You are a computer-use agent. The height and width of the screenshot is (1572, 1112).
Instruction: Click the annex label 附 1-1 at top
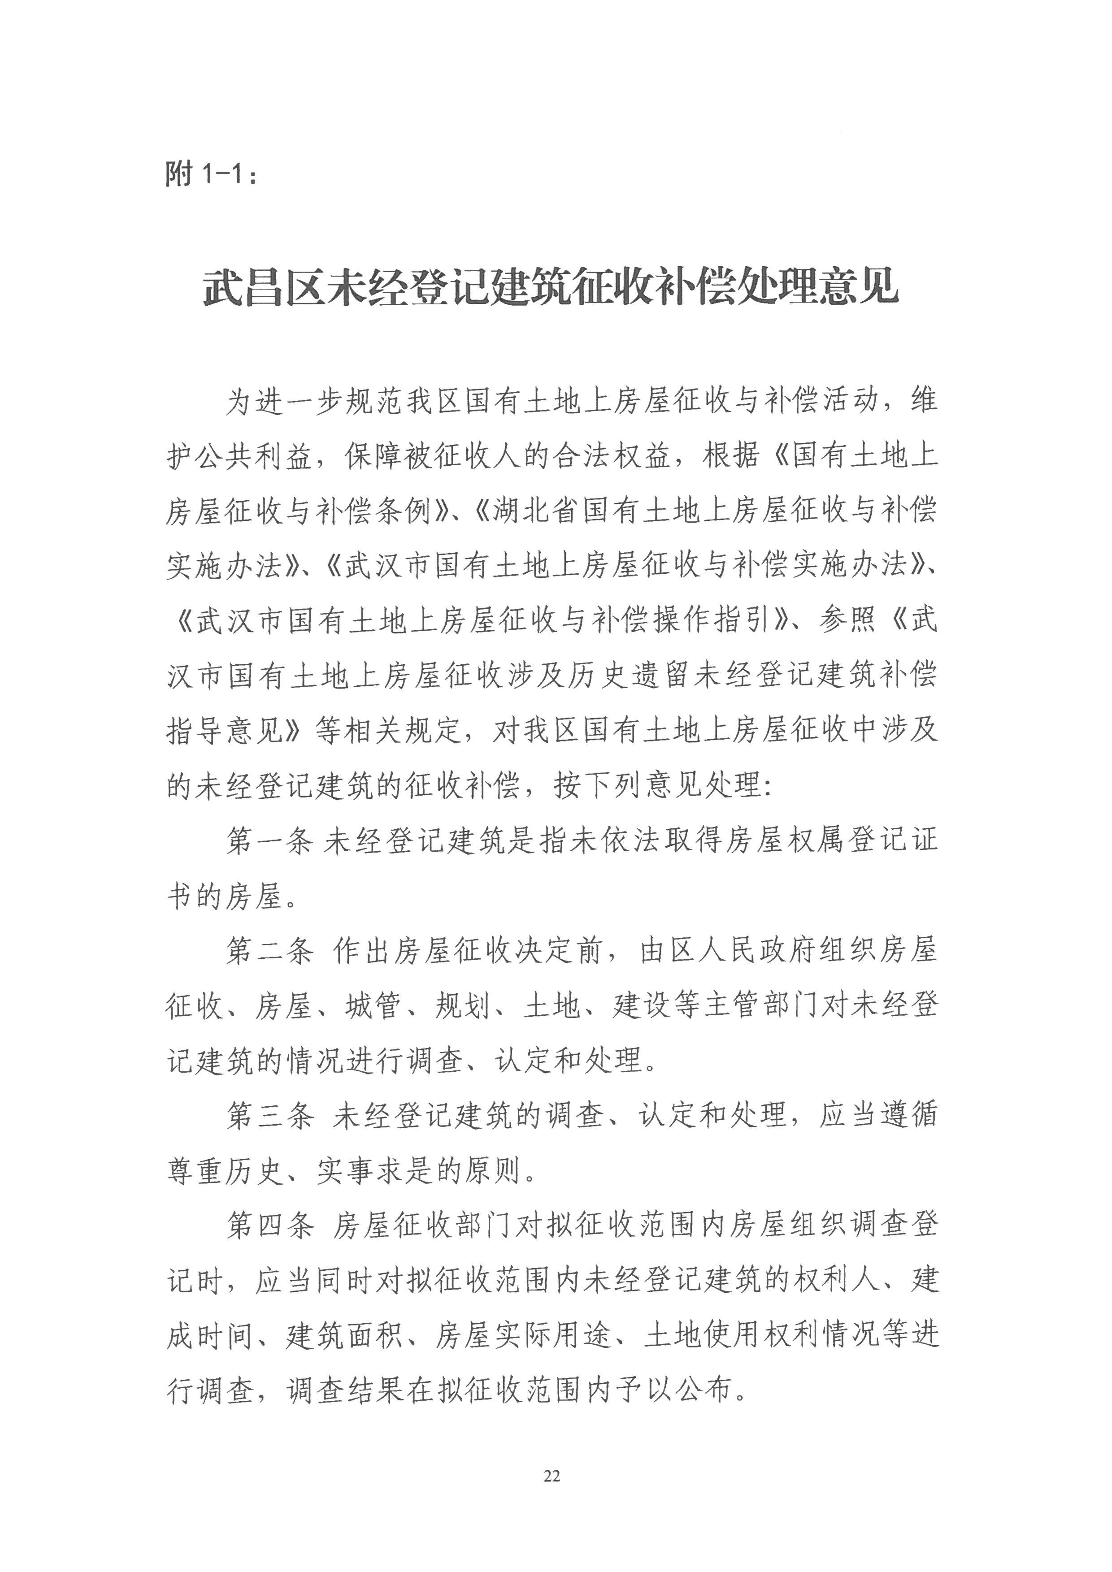[212, 174]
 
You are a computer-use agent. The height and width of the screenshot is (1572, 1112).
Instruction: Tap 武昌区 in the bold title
[264, 288]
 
